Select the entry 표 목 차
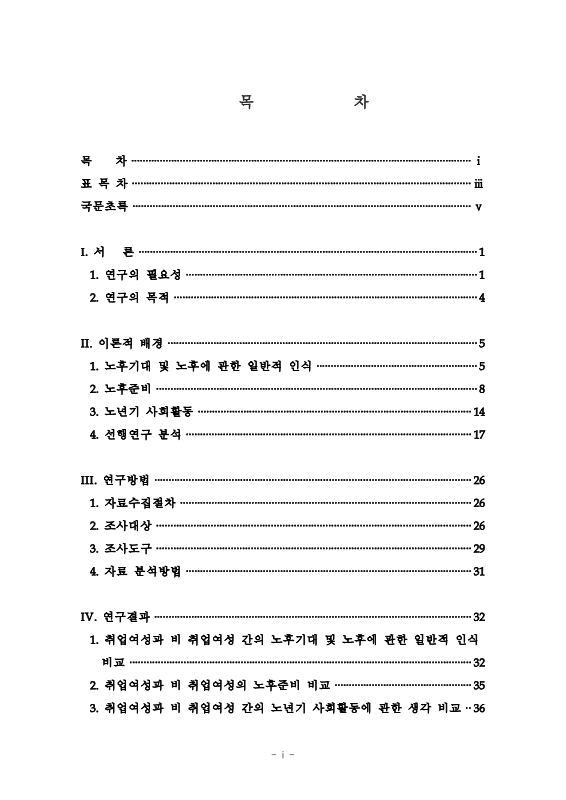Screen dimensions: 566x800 [x=104, y=183]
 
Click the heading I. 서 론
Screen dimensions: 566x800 [x=106, y=252]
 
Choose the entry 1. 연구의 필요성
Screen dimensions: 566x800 [x=135, y=275]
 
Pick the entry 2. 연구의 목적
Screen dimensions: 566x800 [x=129, y=298]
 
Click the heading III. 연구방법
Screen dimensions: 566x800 [x=116, y=480]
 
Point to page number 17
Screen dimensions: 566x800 [x=479, y=434]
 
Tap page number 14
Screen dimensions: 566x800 [x=479, y=411]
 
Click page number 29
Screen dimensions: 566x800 [x=479, y=549]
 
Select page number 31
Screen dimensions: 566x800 [x=479, y=571]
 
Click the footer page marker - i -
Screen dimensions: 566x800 [x=282, y=755]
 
